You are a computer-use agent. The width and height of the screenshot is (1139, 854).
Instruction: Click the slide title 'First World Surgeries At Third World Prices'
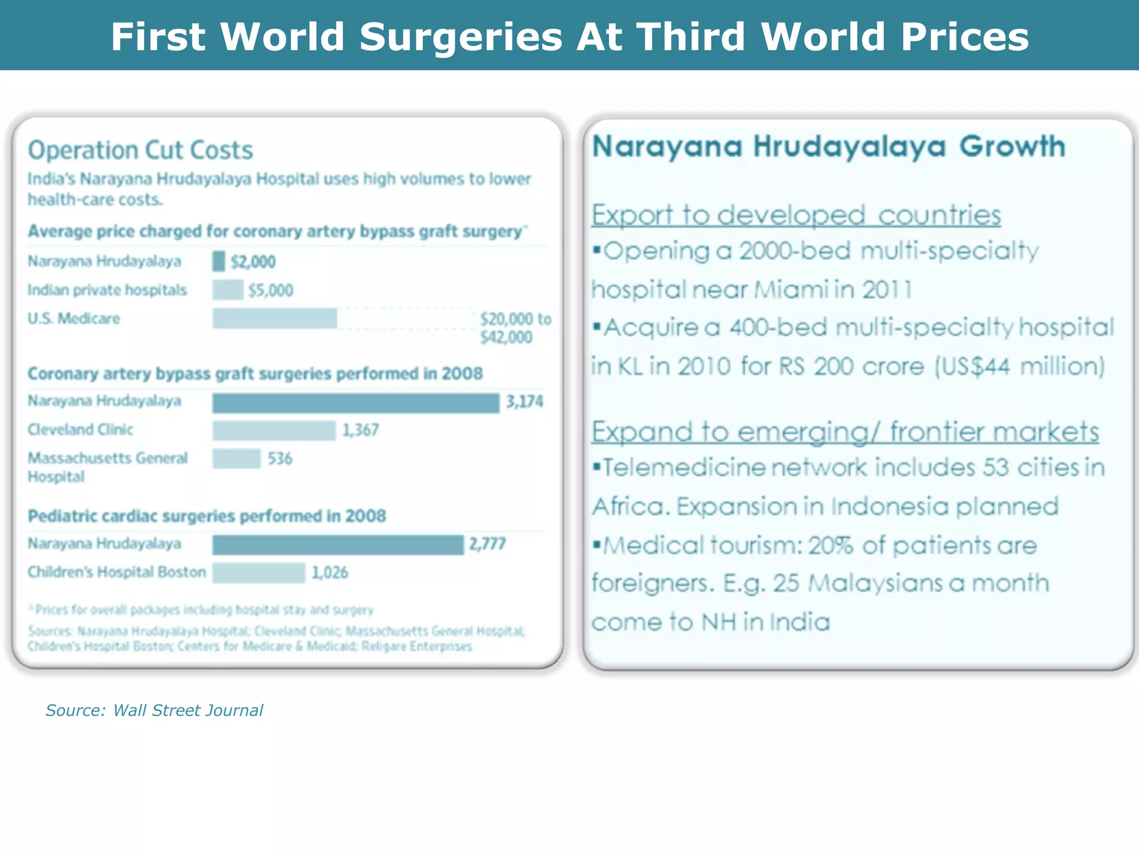[569, 37]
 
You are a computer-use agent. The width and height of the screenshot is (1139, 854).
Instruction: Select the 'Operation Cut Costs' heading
[141, 150]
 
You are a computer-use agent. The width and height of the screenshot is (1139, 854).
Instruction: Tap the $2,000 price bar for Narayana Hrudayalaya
[219, 261]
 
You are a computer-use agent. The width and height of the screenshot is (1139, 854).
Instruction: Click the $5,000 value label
[270, 290]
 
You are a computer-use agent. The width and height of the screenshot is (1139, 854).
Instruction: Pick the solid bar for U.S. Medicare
[275, 319]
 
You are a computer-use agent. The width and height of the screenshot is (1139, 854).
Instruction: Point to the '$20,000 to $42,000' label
[515, 328]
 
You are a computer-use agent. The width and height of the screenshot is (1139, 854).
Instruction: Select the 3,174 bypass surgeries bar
[355, 403]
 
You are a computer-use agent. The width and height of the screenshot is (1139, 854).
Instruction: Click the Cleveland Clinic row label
[81, 430]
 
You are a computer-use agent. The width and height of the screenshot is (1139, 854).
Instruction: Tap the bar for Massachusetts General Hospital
[236, 459]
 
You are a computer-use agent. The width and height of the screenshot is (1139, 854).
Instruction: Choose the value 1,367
[360, 430]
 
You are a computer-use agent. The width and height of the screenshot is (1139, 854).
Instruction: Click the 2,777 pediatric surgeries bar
[338, 545]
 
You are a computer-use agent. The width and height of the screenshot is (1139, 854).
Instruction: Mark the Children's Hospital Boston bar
[259, 573]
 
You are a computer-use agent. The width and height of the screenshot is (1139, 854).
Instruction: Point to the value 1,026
[330, 573]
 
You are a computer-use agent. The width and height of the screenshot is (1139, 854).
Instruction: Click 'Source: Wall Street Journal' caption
[154, 711]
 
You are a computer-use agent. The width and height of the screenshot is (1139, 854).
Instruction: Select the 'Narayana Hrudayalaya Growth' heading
[829, 147]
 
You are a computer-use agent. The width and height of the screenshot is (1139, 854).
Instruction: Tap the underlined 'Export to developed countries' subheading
[796, 215]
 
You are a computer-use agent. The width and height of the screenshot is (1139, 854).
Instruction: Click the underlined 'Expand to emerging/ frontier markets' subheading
[845, 432]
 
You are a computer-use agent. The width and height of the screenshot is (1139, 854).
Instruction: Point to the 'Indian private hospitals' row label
[107, 290]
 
